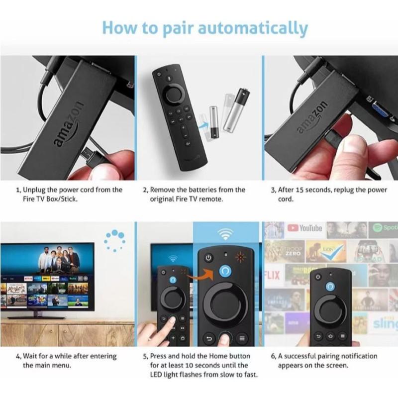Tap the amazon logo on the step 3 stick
[313, 118]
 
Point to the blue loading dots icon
[114, 240]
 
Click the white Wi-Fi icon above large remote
[227, 234]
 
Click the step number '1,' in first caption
[18, 190]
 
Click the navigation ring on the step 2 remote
[178, 93]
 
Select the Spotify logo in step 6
[384, 228]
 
